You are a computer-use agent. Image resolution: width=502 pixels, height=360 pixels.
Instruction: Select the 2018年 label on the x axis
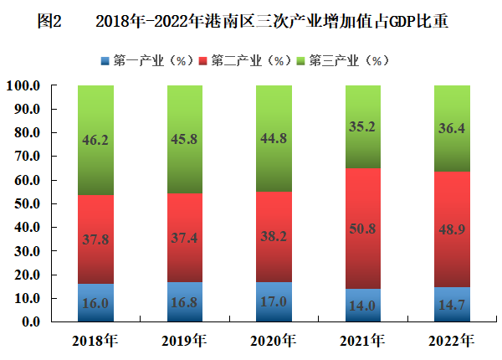tap(95, 341)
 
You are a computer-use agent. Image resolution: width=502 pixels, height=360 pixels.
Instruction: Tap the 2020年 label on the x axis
tap(274, 341)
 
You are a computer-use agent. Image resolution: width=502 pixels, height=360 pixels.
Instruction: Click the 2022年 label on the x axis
tap(452, 341)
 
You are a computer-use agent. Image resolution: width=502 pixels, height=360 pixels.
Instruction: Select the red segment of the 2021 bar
tap(362, 201)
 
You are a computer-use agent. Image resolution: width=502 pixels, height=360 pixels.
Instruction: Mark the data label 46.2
tap(95, 141)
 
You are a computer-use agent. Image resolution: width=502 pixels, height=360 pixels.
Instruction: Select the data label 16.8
tap(185, 301)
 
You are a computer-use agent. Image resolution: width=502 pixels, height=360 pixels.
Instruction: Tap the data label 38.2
tap(274, 236)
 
